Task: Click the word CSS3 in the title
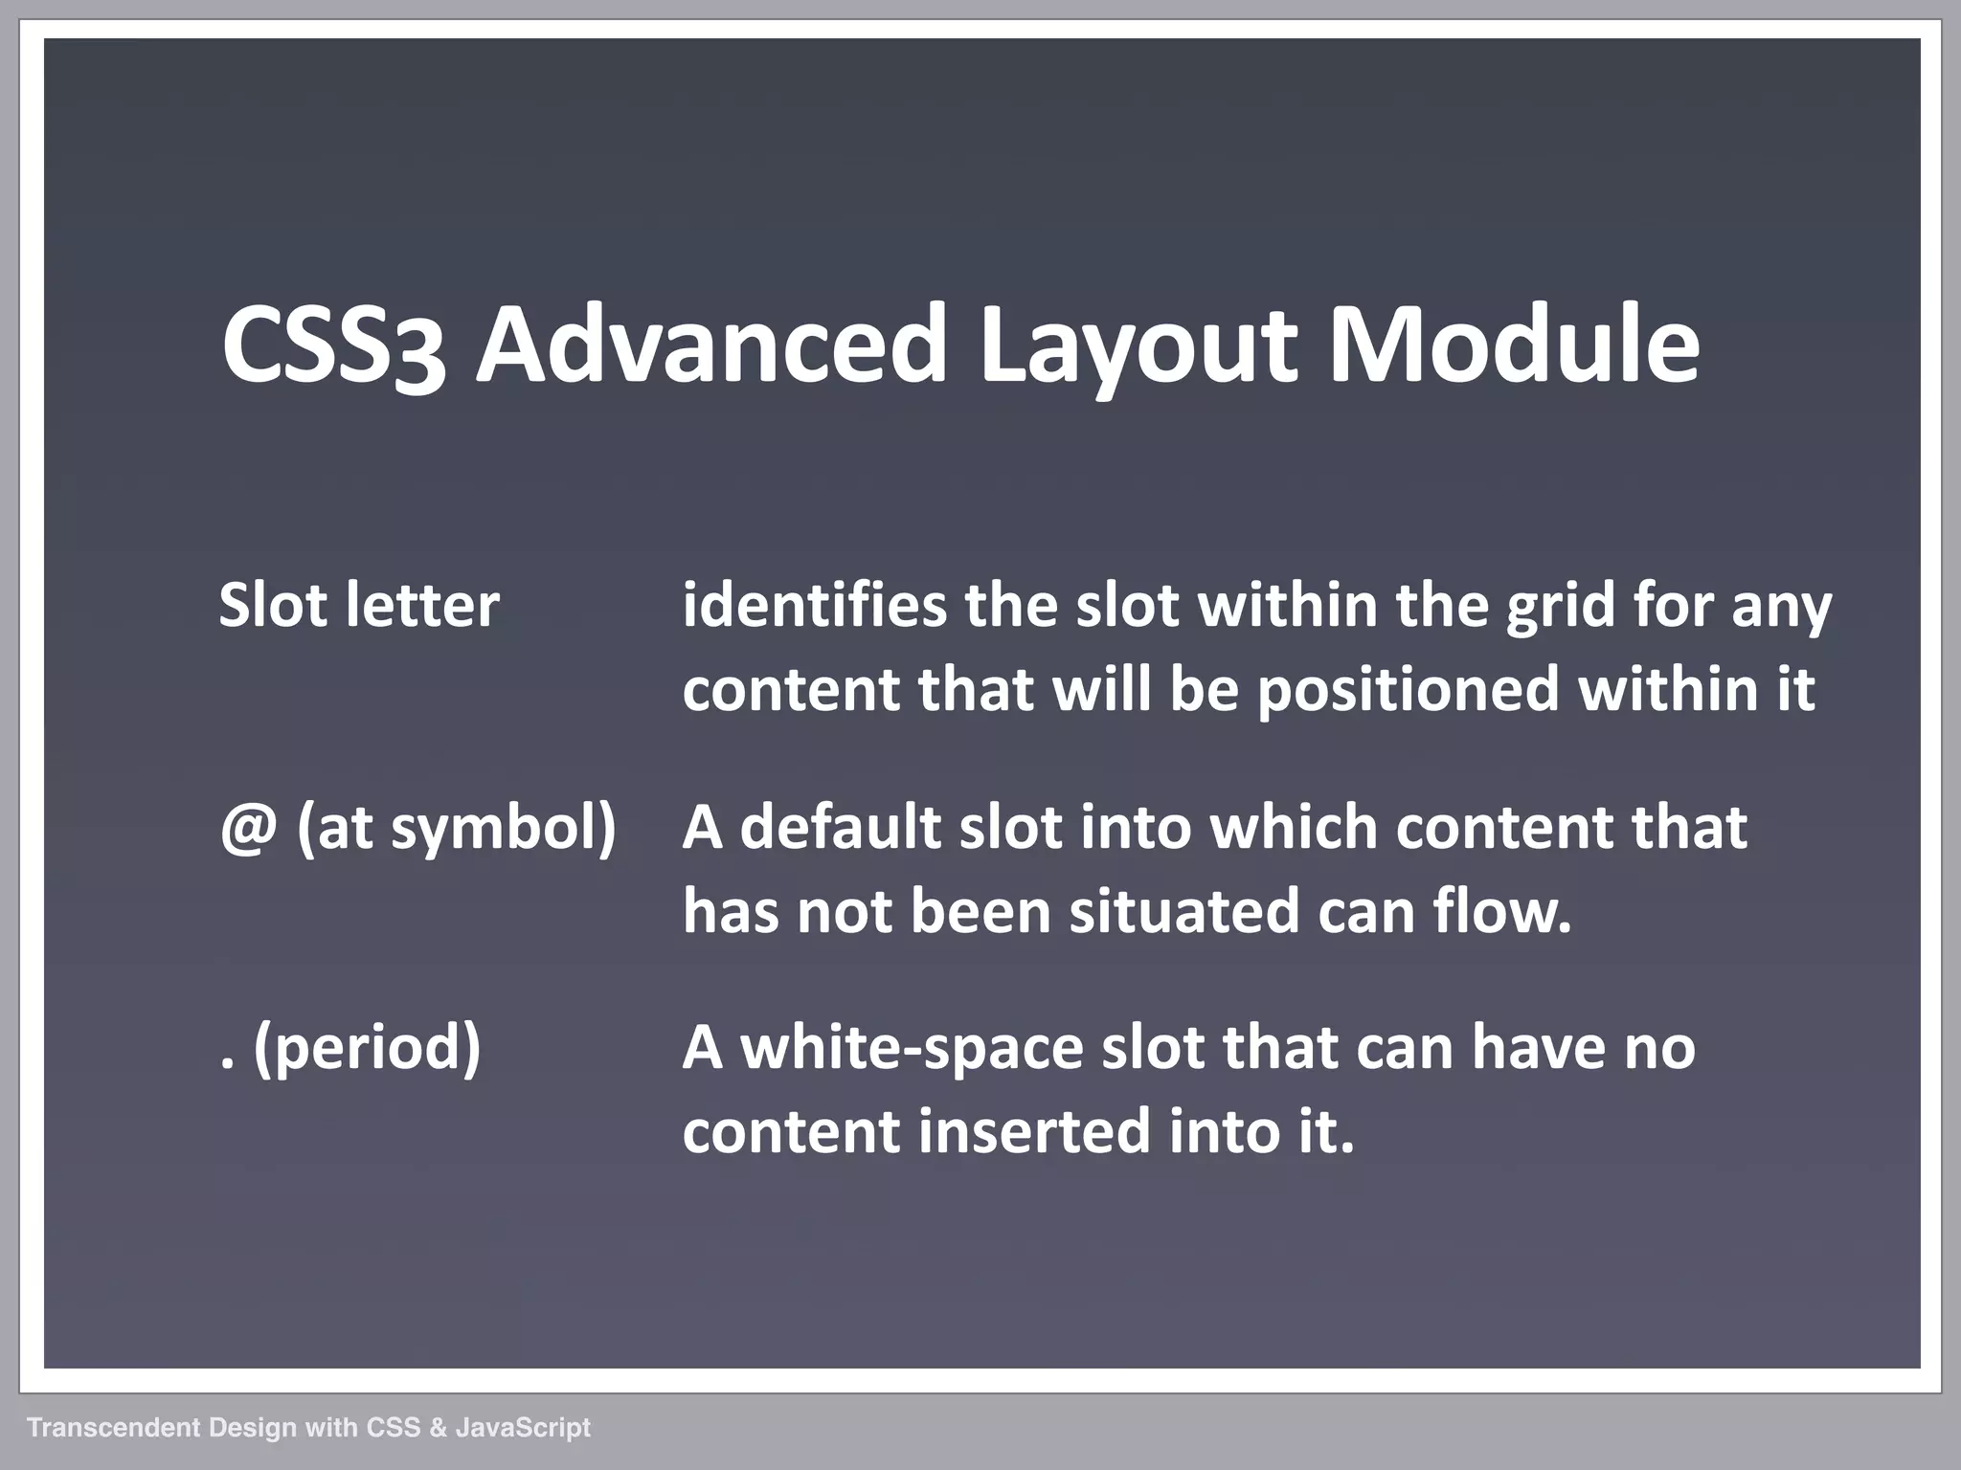click(333, 345)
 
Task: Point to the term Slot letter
click(359, 606)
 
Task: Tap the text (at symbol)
click(457, 829)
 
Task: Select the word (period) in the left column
click(367, 1049)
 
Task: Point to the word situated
click(1183, 911)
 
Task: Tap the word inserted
click(1033, 1132)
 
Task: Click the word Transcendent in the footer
click(114, 1428)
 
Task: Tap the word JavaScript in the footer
click(523, 1428)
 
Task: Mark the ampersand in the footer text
click(438, 1428)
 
